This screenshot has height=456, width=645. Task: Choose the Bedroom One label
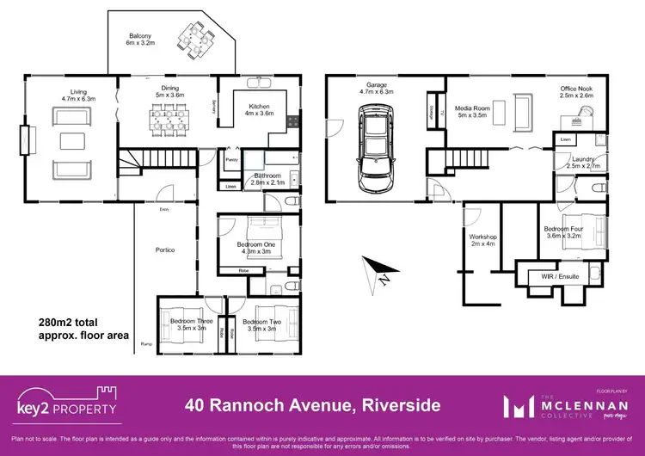[x=256, y=248]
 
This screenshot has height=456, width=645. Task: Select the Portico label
[x=165, y=250]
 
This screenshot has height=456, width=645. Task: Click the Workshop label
[x=484, y=240]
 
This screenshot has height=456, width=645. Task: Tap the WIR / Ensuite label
[x=559, y=278]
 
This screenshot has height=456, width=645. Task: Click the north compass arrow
[x=378, y=276]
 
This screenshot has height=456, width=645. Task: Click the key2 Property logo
[x=66, y=404]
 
